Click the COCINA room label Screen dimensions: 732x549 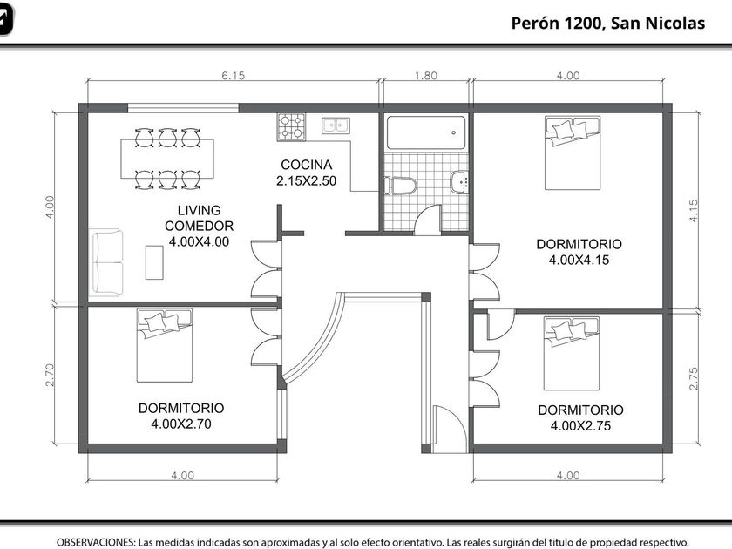[306, 165]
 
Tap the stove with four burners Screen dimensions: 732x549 [291, 127]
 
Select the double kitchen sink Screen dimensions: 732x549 [335, 125]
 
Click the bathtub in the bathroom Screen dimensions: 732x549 [426, 132]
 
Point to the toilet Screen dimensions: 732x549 [400, 186]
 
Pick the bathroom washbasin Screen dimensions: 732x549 [459, 182]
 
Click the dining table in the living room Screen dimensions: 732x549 [167, 159]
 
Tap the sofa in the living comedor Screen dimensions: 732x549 [106, 262]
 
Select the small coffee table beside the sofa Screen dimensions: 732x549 [154, 262]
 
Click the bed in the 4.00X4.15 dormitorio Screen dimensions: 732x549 [573, 153]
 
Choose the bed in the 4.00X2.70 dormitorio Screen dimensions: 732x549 [165, 345]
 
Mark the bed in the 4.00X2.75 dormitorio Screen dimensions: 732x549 [572, 354]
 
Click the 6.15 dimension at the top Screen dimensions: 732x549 [233, 76]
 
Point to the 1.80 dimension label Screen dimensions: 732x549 [426, 76]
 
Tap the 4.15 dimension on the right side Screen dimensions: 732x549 [694, 211]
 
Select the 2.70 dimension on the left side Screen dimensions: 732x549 [50, 375]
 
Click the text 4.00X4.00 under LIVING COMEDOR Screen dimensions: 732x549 [199, 242]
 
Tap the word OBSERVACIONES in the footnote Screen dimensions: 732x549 [96, 542]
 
